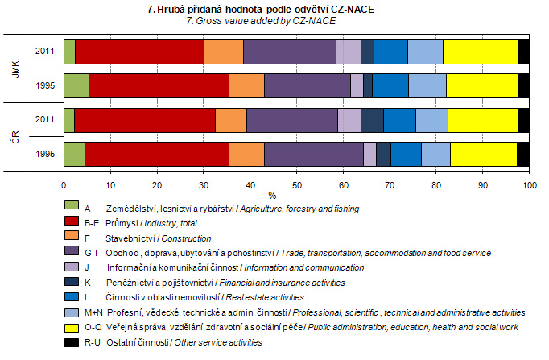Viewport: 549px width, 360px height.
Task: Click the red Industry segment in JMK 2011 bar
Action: pyautogui.click(x=139, y=51)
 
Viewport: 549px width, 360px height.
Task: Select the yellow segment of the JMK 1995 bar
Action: pyautogui.click(x=481, y=85)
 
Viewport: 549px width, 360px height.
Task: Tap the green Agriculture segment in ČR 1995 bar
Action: pyautogui.click(x=73, y=153)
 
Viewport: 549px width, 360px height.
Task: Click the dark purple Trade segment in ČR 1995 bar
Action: pyautogui.click(x=314, y=153)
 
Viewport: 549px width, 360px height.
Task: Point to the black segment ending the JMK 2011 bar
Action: pyautogui.click(x=523, y=51)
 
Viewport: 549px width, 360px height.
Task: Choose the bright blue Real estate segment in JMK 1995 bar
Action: pyautogui.click(x=390, y=85)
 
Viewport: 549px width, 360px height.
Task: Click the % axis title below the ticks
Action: pyautogui.click(x=272, y=195)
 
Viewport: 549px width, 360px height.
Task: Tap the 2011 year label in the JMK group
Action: pyautogui.click(x=44, y=51)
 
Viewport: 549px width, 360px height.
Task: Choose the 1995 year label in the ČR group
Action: pyautogui.click(x=44, y=153)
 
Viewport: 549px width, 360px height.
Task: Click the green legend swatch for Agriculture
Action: pyautogui.click(x=71, y=209)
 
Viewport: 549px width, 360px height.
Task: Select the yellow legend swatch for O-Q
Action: pyautogui.click(x=71, y=327)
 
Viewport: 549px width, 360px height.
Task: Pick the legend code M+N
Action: pyautogui.click(x=95, y=312)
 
